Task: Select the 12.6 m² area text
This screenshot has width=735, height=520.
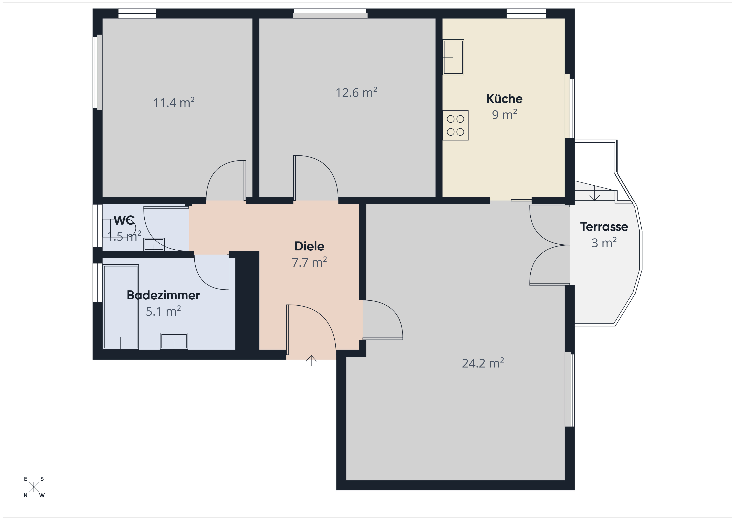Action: tap(356, 92)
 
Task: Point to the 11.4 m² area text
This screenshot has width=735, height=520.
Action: tap(174, 102)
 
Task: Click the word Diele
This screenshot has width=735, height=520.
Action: tap(309, 246)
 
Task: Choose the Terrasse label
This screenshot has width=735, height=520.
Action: tap(604, 227)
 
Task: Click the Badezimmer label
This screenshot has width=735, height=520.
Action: tap(163, 295)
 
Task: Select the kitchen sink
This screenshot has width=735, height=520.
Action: tap(453, 57)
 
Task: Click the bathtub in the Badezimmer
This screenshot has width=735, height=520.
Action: tap(121, 307)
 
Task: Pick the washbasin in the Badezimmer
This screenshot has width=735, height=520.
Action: tap(174, 341)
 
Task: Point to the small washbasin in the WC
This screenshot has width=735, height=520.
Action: tap(154, 245)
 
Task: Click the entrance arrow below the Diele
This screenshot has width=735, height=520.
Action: tap(311, 361)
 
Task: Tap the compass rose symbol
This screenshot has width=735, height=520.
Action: tap(34, 487)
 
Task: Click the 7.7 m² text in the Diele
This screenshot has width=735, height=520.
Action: tap(309, 262)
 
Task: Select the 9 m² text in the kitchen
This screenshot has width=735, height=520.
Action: tap(505, 114)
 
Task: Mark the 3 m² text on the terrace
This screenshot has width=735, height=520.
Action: tap(604, 243)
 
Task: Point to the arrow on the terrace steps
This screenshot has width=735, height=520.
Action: tap(594, 193)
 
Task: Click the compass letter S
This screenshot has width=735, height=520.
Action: tap(42, 479)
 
